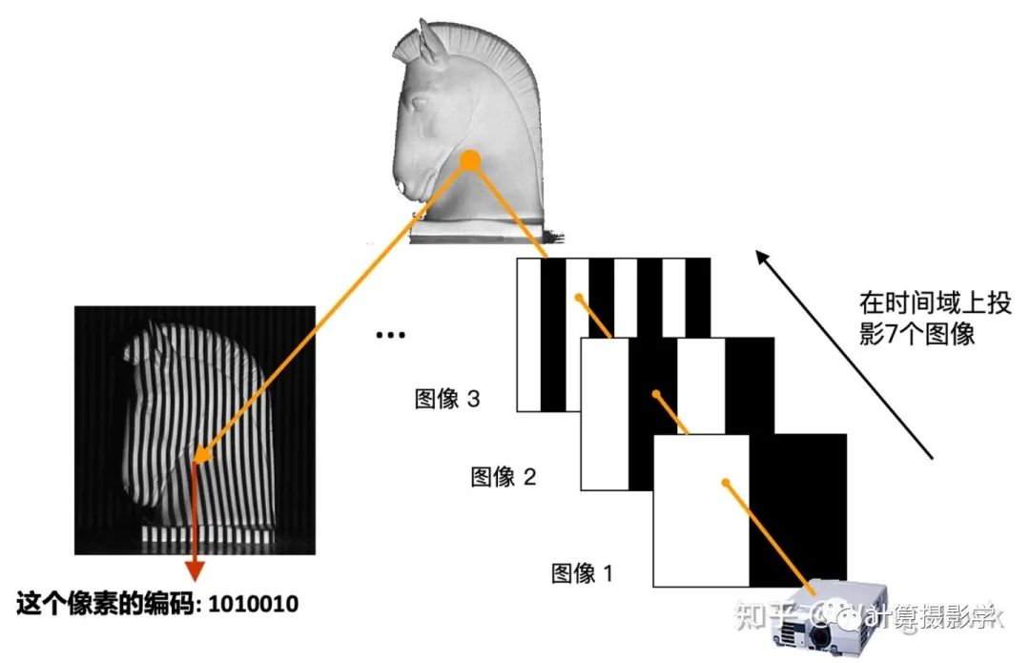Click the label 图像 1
click(x=583, y=572)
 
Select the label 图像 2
click(x=503, y=476)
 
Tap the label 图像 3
click(x=446, y=399)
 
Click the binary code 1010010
click(x=253, y=604)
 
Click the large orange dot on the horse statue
click(x=469, y=161)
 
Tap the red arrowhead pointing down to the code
click(x=194, y=570)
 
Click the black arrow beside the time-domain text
click(x=839, y=353)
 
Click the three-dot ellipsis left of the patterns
click(x=390, y=335)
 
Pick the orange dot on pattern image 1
click(x=726, y=483)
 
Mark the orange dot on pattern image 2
click(x=654, y=393)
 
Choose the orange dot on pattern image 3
click(x=577, y=298)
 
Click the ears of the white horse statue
click(x=420, y=38)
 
